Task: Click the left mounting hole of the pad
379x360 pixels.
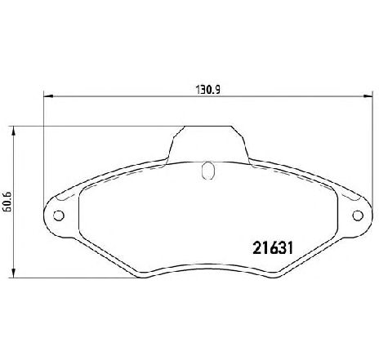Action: tap(58, 216)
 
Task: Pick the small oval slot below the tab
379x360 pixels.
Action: tap(207, 171)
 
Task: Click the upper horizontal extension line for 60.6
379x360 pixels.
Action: tap(98, 126)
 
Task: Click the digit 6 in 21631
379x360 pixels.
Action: tap(263, 243)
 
